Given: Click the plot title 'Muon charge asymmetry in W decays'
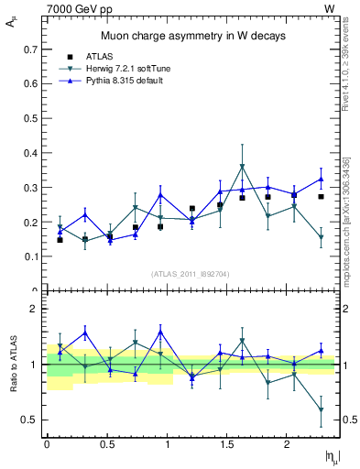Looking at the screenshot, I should tap(192, 36).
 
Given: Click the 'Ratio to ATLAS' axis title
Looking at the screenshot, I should tap(12, 364).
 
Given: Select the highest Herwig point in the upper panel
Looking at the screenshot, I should tap(242, 167).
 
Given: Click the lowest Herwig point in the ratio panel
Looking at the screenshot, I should tap(321, 409).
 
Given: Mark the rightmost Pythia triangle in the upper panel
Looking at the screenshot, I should tap(321, 179).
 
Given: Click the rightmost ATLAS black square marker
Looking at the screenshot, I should tap(321, 196).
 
